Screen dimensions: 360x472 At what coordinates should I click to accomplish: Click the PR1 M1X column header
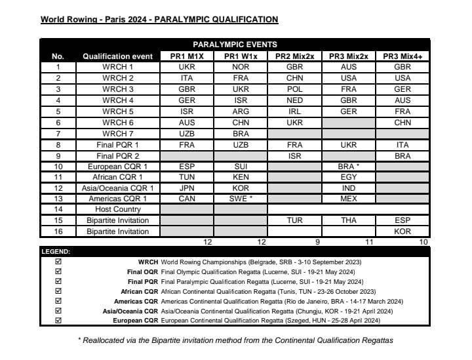tap(187, 56)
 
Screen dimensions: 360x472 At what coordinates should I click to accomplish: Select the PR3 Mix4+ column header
tap(403, 56)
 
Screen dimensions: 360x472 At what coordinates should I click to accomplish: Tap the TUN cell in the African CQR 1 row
tap(187, 177)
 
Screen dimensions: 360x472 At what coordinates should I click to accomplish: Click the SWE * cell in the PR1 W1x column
tap(241, 199)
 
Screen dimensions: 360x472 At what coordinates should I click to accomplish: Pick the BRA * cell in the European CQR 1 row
tap(349, 166)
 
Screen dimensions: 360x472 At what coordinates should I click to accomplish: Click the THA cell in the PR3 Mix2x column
tap(349, 221)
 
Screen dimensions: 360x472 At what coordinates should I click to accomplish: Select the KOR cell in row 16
tap(403, 231)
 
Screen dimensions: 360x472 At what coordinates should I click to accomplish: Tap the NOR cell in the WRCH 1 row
tap(241, 67)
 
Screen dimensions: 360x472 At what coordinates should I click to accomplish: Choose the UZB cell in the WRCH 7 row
tap(187, 133)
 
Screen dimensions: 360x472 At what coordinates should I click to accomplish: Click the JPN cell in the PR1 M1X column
tap(187, 188)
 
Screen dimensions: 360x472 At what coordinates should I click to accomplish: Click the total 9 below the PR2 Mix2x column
tap(319, 242)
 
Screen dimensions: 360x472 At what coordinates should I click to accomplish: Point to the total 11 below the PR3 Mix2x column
tap(368, 242)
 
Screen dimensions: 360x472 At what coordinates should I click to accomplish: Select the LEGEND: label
tap(56, 252)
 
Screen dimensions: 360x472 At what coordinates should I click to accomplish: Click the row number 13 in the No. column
tap(58, 199)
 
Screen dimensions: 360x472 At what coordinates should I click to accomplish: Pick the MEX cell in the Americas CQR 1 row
tap(349, 199)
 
